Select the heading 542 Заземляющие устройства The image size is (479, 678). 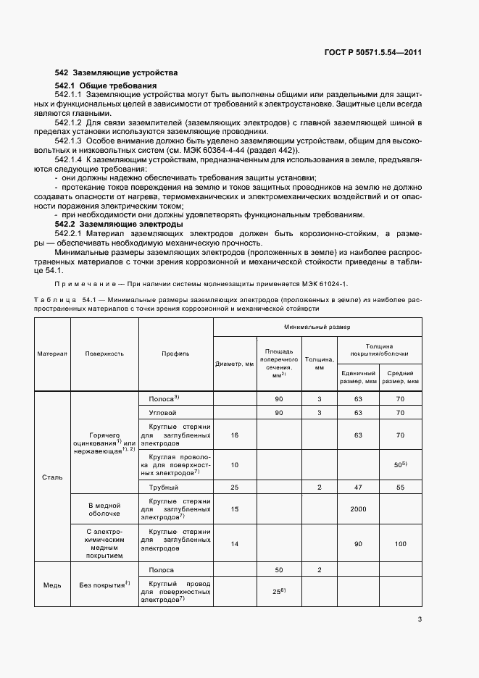pos(116,73)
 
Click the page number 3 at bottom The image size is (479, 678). pos(420,619)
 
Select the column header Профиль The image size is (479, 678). pos(175,353)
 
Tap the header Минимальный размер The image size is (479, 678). pos(316,327)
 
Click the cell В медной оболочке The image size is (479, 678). pos(104,509)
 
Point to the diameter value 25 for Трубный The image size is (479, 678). pos(234,487)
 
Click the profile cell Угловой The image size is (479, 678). pos(162,412)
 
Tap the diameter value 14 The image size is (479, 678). pos(234,543)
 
